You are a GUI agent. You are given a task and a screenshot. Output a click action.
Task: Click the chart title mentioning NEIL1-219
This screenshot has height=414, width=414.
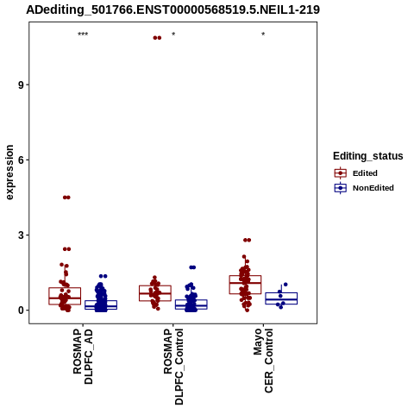tap(172, 9)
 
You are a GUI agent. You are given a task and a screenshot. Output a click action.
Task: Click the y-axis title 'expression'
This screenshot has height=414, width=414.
tap(9, 172)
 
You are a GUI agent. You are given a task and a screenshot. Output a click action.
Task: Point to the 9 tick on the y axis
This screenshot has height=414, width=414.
tap(22, 85)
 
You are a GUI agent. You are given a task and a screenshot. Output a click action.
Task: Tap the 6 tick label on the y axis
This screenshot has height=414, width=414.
tap(22, 160)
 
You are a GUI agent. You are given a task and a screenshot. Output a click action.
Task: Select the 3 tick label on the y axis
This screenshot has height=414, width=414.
tap(22, 235)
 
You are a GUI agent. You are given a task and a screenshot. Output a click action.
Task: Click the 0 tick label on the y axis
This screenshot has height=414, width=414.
tap(22, 310)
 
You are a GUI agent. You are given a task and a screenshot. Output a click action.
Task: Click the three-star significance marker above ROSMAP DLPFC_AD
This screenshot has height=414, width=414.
tap(83, 34)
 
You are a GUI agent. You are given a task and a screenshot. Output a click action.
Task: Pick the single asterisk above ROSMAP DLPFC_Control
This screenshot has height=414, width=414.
tap(173, 34)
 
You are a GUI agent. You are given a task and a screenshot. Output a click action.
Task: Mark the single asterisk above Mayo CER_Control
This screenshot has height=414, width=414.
tap(263, 34)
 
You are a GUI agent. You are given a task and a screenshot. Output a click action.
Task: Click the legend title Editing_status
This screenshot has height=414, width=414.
tap(368, 156)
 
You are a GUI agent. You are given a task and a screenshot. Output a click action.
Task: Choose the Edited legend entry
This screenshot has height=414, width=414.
tap(356, 173)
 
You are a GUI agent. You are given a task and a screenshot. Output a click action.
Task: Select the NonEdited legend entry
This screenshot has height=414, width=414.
tap(364, 188)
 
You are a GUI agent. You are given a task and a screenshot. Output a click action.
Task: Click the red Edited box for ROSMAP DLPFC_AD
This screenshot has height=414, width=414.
tap(65, 296)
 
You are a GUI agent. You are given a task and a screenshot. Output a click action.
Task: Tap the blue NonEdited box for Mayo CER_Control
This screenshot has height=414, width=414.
tap(281, 298)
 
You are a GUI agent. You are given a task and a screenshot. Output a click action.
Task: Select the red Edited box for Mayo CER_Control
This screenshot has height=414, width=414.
tap(245, 285)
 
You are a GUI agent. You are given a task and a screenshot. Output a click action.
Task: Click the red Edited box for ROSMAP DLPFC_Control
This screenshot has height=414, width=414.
tap(155, 293)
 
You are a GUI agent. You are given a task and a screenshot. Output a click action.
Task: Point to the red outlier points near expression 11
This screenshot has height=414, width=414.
tap(157, 38)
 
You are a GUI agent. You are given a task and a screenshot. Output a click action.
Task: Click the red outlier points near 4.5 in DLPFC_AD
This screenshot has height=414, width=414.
tap(66, 198)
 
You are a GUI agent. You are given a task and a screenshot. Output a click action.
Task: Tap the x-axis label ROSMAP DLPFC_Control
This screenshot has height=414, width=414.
tap(173, 367)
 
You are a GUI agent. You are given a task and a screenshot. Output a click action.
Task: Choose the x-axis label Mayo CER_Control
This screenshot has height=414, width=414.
tap(263, 361)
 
